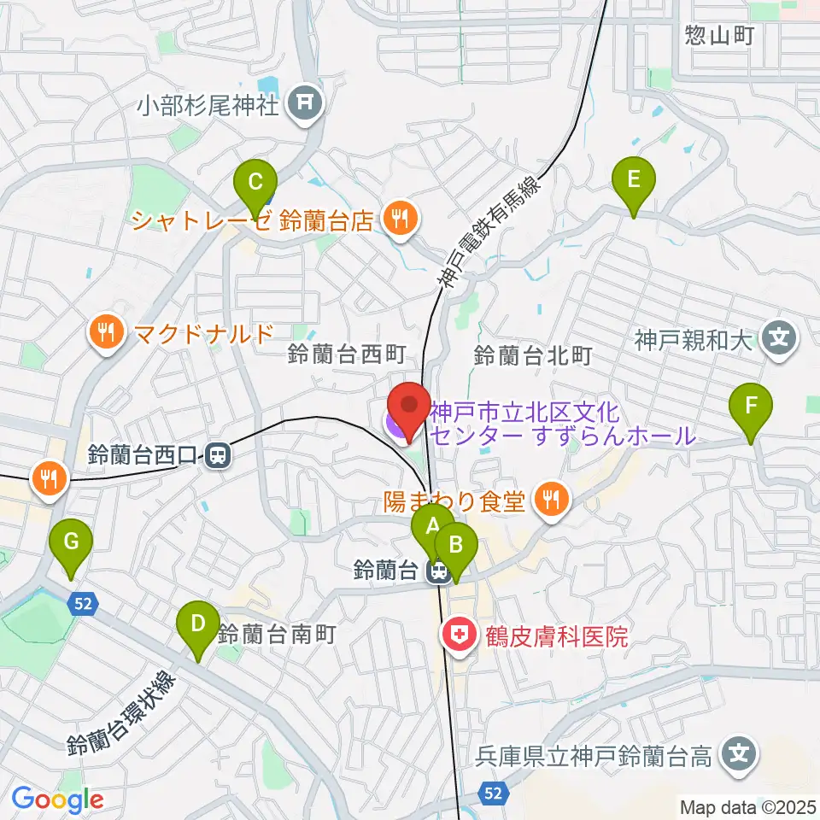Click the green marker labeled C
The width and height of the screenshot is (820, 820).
255,183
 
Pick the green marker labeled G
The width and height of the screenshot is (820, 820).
70,542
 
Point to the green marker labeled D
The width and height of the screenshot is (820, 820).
198,624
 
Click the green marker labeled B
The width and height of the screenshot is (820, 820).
455,545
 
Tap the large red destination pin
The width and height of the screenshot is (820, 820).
409,407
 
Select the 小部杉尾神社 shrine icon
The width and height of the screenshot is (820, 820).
305,105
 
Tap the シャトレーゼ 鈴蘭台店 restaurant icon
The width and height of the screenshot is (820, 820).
399,220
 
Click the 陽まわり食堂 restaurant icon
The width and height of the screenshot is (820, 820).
551,501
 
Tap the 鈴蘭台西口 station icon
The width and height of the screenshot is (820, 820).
219,456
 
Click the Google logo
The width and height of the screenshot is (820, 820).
57,800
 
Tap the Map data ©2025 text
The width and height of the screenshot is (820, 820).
747,806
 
